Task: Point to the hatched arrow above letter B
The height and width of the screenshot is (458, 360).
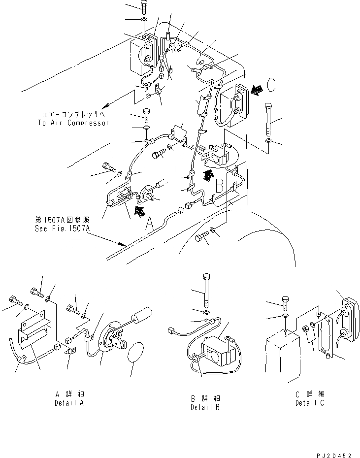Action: tap(209, 174)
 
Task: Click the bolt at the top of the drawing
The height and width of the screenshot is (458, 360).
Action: tap(143, 7)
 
